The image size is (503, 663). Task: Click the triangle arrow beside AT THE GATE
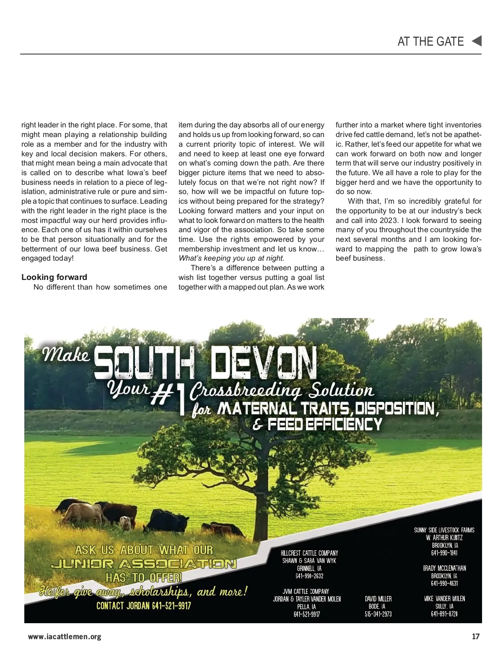click(477, 41)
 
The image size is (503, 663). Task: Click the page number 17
click(475, 636)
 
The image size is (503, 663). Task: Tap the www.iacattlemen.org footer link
click(65, 636)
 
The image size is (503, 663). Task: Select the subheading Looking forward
click(54, 277)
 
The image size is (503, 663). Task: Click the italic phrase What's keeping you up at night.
click(231, 258)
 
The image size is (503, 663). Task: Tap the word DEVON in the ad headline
click(263, 363)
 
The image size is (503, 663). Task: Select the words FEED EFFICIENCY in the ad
click(325, 425)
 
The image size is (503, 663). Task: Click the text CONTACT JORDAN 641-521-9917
click(143, 606)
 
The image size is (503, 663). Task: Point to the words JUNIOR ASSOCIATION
click(143, 564)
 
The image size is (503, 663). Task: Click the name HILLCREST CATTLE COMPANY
click(309, 553)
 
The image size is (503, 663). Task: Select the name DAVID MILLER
click(378, 599)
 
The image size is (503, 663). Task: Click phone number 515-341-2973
click(378, 614)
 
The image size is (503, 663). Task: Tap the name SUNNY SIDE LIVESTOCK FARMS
click(444, 530)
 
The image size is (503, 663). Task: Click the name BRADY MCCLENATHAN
click(444, 568)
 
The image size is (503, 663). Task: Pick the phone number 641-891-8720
click(444, 614)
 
